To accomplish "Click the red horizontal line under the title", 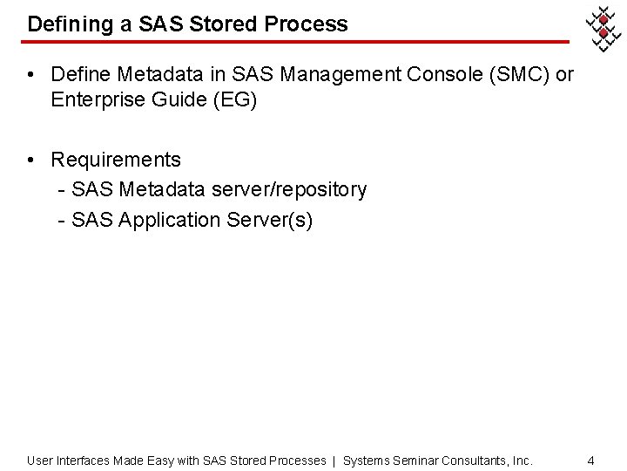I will [296, 42].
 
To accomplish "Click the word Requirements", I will [116, 160].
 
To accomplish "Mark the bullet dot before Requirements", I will [31, 160].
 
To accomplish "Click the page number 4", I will [590, 460].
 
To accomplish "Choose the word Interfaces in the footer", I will [84, 460].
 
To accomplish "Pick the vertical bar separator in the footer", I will [334, 460].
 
